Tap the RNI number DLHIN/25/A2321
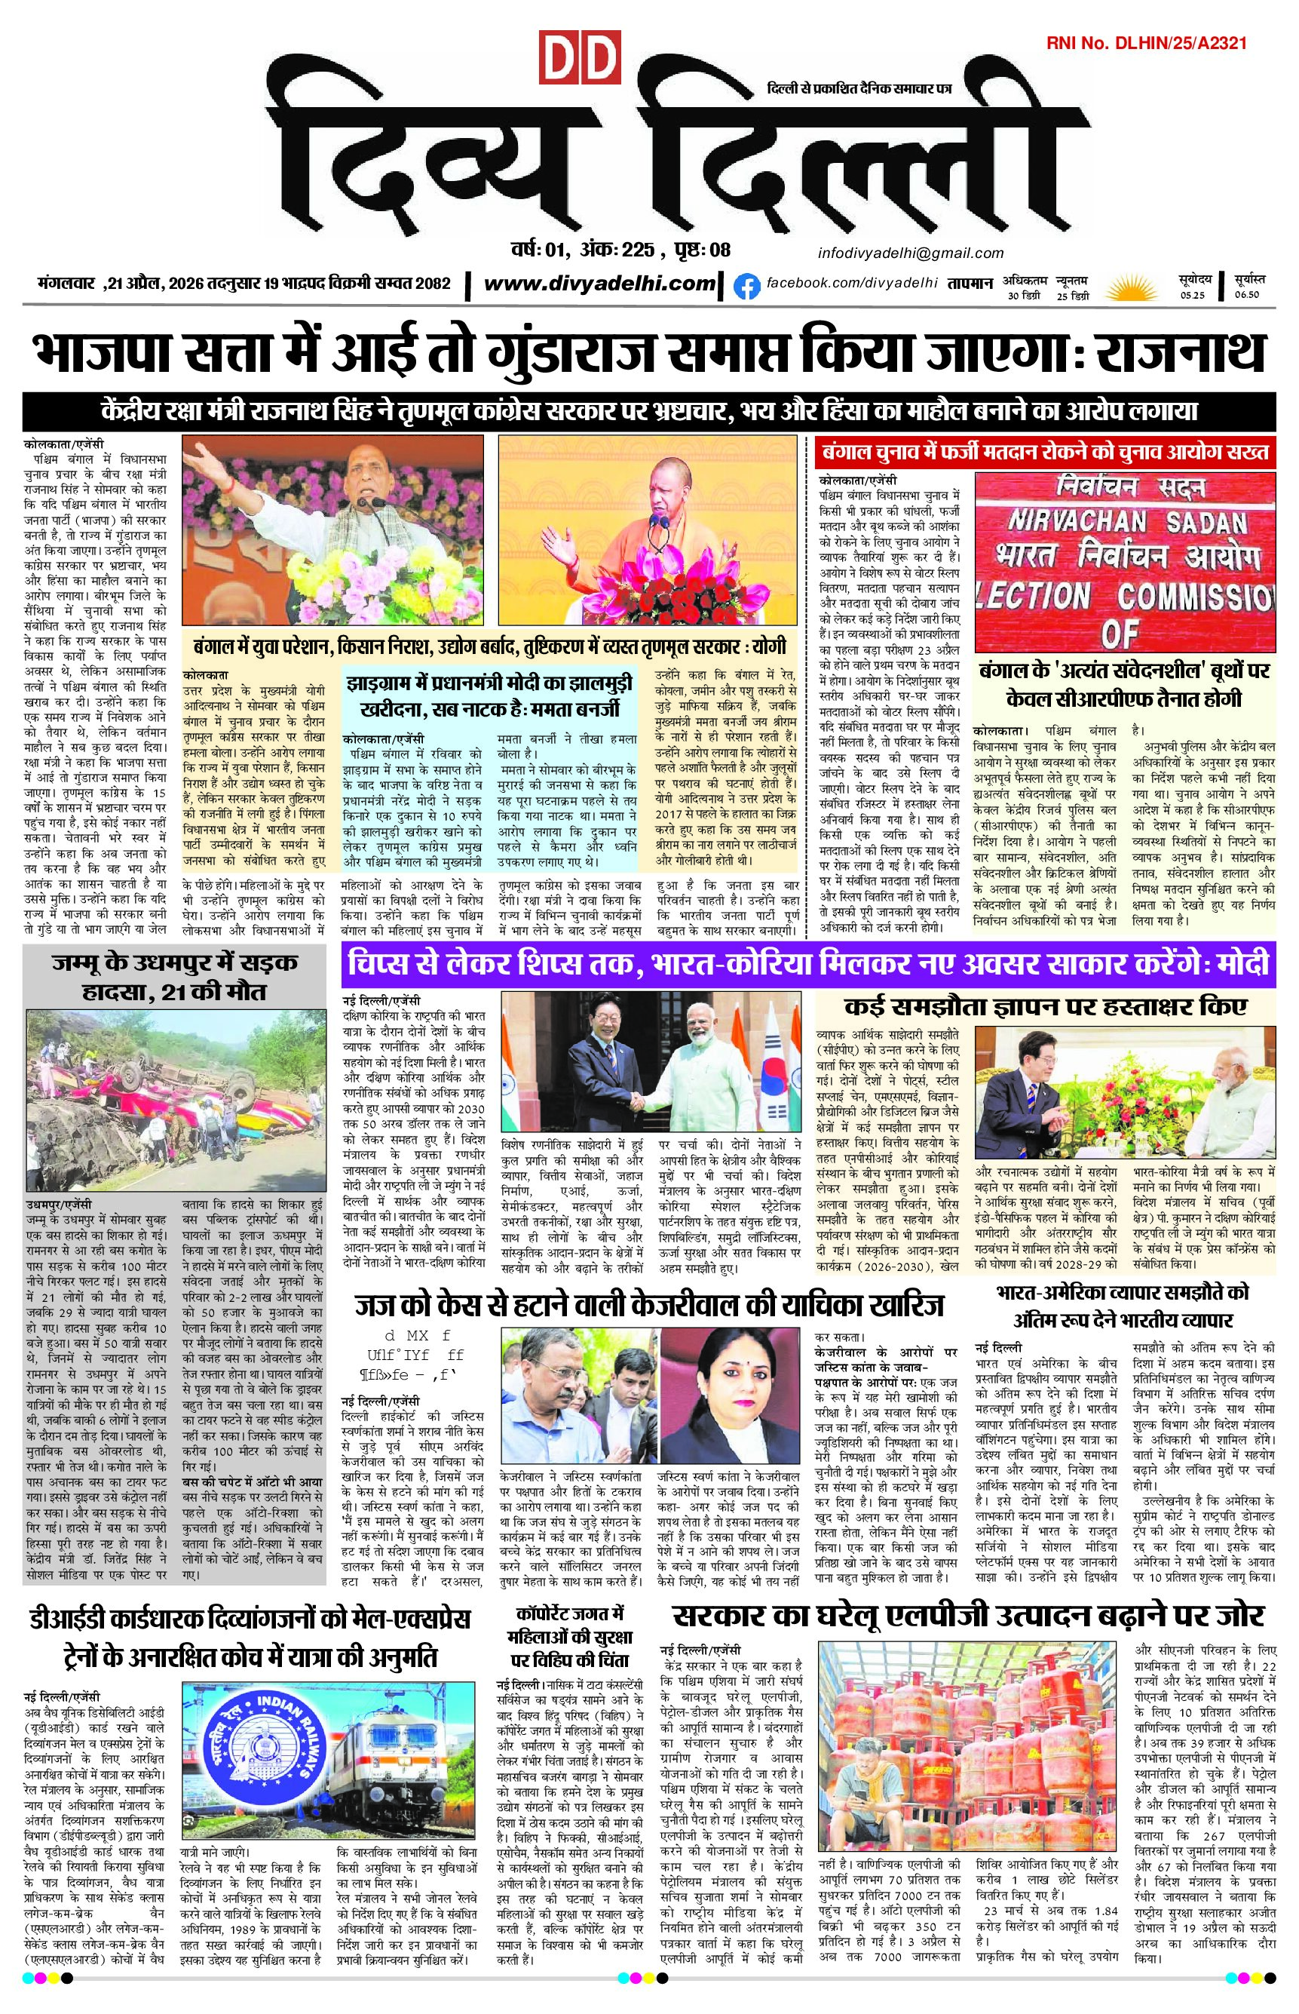click(1146, 43)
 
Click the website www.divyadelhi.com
click(599, 284)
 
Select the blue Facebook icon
click(745, 287)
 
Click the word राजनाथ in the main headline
click(1180, 353)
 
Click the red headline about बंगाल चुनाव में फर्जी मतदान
click(1046, 453)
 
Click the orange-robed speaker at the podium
click(657, 541)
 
